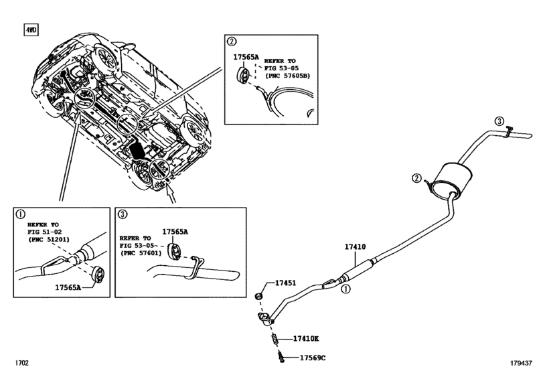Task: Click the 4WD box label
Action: point(31,30)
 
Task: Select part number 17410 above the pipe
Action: point(355,247)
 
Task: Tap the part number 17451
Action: point(286,283)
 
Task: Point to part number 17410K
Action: point(306,339)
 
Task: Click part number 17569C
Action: point(313,358)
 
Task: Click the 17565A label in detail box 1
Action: point(68,287)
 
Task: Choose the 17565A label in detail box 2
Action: point(246,57)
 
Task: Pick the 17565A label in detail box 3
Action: point(175,232)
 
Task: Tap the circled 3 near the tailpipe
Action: point(499,121)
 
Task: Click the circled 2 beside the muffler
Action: point(416,178)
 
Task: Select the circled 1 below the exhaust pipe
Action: point(345,289)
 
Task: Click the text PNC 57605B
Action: point(287,76)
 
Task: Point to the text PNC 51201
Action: point(48,239)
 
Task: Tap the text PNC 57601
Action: point(141,253)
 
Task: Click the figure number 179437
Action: point(520,363)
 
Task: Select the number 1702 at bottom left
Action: point(21,363)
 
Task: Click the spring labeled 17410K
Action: point(275,339)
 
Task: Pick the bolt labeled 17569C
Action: point(281,356)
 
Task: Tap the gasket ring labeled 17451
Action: point(258,296)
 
